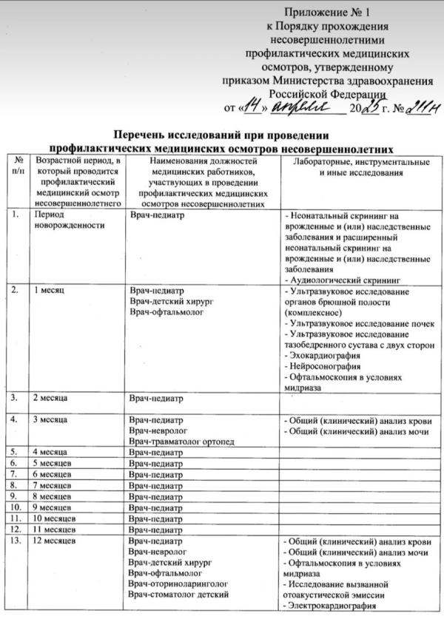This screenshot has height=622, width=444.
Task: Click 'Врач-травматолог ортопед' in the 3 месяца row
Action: pyautogui.click(x=181, y=442)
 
